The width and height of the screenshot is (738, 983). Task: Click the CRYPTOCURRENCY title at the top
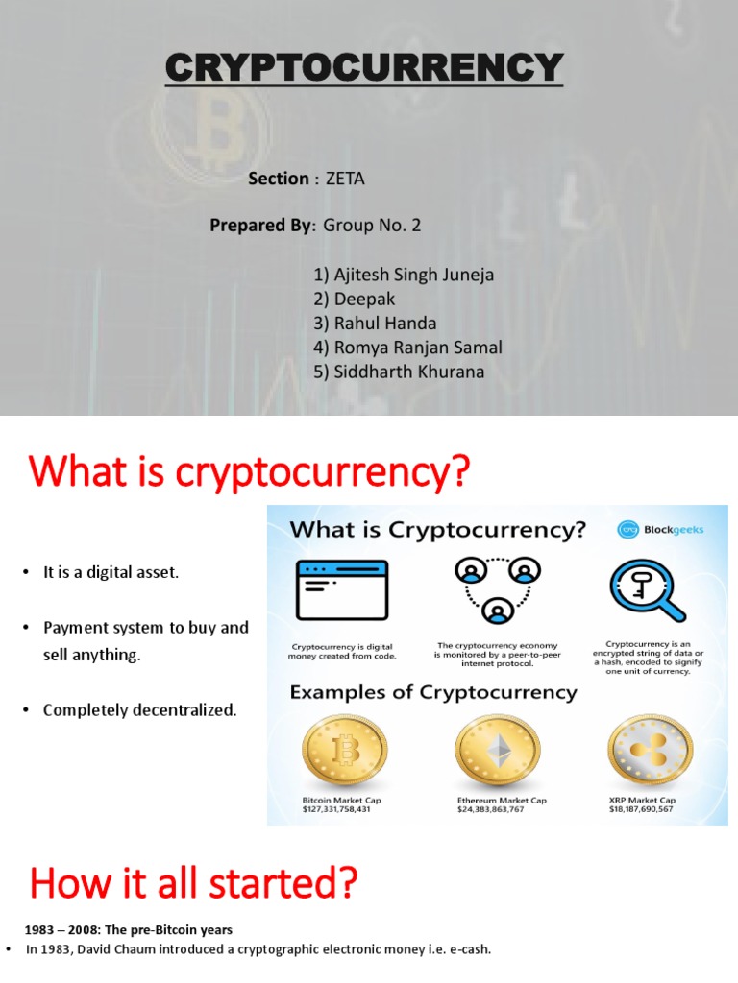pyautogui.click(x=363, y=68)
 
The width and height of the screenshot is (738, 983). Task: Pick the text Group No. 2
pyautogui.click(x=372, y=226)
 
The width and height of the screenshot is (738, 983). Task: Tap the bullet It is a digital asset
pyautogui.click(x=111, y=573)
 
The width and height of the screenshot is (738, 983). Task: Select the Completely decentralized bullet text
pyautogui.click(x=139, y=710)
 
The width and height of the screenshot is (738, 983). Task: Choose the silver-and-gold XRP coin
pyautogui.click(x=647, y=750)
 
